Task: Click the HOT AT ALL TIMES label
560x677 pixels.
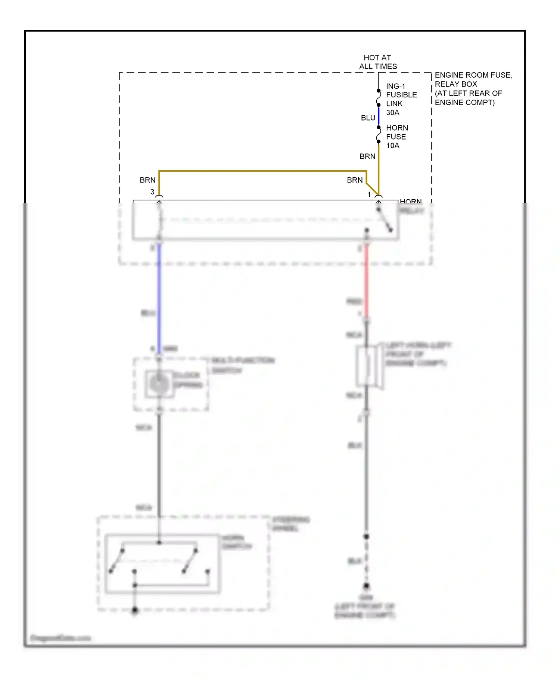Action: (x=377, y=62)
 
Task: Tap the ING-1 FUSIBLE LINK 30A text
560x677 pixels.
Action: (x=401, y=99)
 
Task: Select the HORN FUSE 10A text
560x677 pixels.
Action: (x=396, y=137)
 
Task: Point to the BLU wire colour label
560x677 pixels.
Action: (x=368, y=118)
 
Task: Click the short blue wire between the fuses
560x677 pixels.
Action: (x=379, y=116)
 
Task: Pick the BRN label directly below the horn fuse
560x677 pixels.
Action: (x=367, y=156)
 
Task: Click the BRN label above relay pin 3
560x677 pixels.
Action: (x=147, y=180)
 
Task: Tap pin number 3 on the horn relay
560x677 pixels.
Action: (x=152, y=192)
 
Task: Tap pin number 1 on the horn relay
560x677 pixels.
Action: (x=369, y=194)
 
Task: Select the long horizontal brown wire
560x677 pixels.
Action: (x=261, y=171)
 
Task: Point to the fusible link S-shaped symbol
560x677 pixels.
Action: (x=379, y=98)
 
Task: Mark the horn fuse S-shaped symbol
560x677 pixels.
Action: (x=379, y=135)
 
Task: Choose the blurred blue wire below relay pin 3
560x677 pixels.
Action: (x=159, y=299)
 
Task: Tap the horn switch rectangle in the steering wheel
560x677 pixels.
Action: (x=162, y=564)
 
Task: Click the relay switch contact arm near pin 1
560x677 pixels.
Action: (x=385, y=220)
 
